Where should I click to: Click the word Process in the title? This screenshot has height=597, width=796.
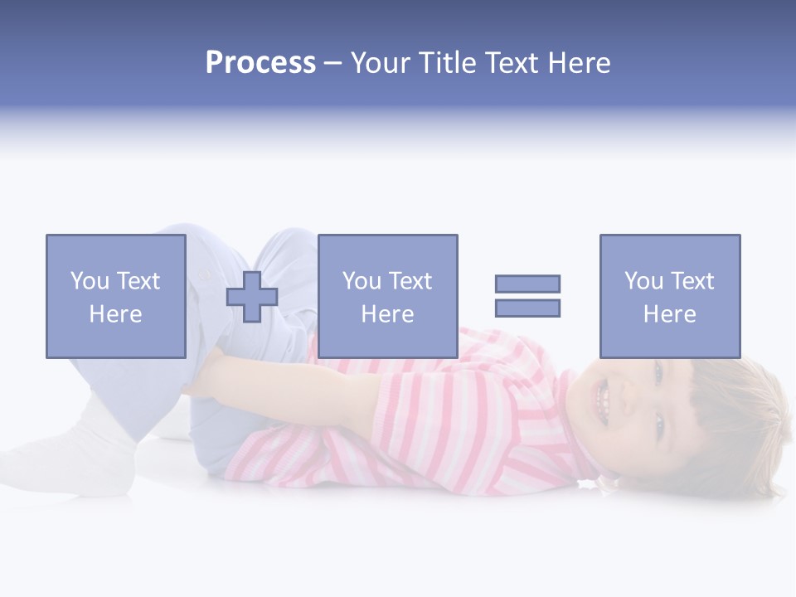point(260,63)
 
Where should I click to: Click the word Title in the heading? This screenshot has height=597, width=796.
point(445,63)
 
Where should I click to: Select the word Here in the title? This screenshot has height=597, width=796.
point(578,63)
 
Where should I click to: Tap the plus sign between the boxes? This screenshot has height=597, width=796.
point(252,297)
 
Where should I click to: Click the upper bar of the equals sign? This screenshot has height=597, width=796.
point(527,284)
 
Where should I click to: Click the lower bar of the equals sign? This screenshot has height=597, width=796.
point(527,308)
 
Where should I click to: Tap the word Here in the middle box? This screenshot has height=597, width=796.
point(387,314)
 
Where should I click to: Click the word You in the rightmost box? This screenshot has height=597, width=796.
point(643,281)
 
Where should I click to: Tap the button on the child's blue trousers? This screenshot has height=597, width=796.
point(204,274)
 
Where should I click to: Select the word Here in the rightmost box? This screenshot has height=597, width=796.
point(669,314)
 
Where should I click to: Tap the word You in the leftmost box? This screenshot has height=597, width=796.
point(90,281)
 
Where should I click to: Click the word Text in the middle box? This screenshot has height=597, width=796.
point(410,281)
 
